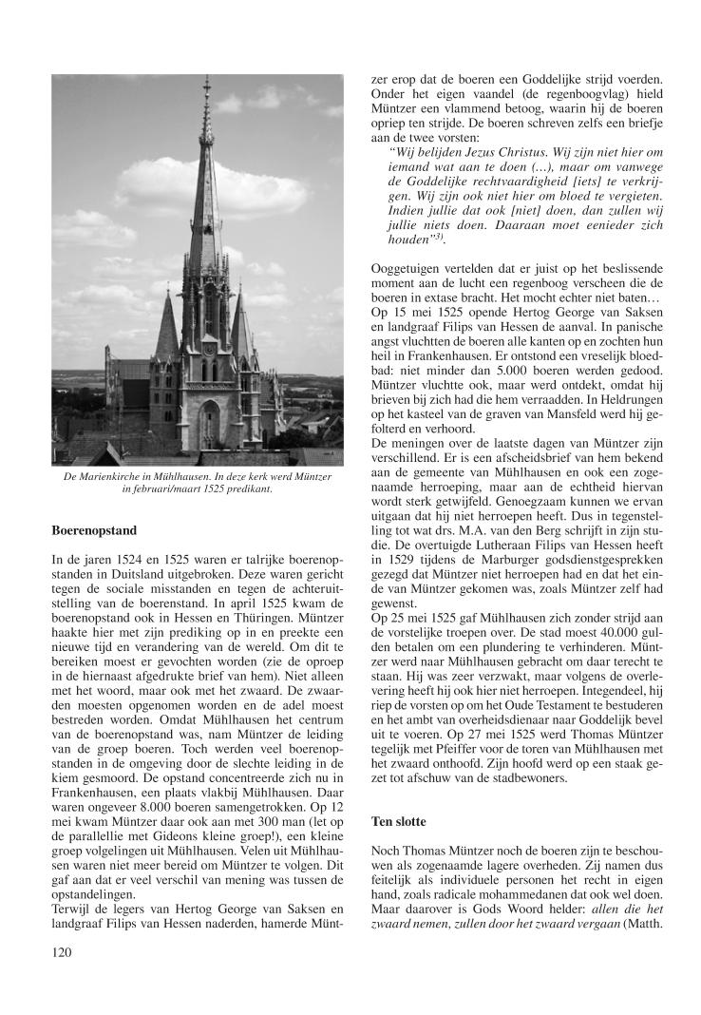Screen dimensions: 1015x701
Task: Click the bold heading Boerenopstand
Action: coord(95,529)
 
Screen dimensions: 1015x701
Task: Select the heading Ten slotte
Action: coord(400,818)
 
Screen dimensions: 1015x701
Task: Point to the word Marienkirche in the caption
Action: coord(123,474)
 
